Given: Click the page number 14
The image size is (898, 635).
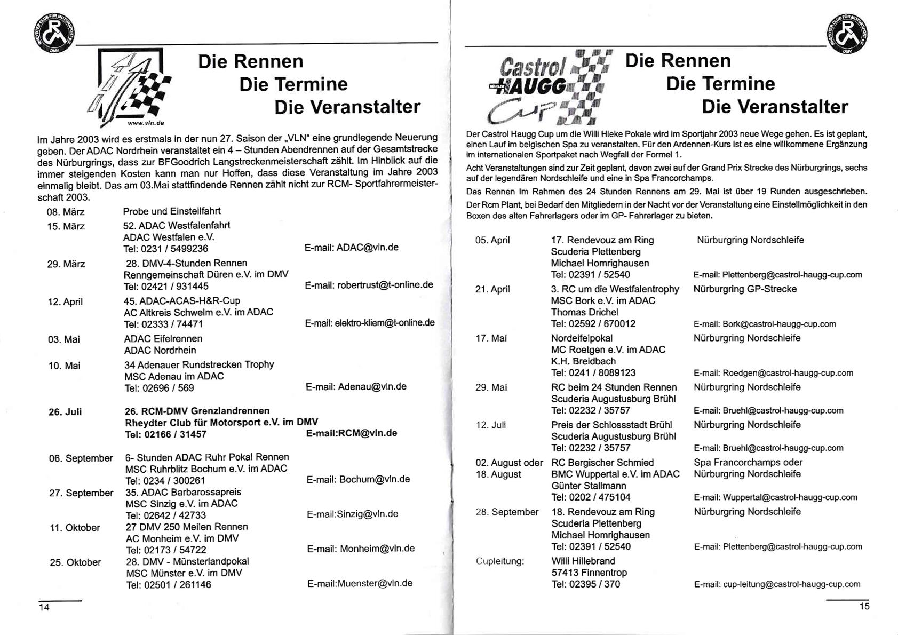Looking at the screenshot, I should [x=44, y=607].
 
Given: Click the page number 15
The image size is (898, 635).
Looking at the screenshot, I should [x=864, y=606].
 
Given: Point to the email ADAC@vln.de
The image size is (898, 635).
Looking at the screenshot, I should [x=352, y=248].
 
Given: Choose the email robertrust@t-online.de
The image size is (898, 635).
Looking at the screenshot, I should [x=369, y=285].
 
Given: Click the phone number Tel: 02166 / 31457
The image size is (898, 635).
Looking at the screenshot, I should [x=165, y=434].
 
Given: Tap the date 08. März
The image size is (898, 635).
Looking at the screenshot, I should [x=66, y=212].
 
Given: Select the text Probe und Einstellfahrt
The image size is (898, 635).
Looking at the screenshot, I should [x=172, y=211].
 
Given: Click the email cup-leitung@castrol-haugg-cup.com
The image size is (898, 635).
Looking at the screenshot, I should [x=777, y=584].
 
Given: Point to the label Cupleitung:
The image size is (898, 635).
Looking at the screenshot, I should [x=500, y=561].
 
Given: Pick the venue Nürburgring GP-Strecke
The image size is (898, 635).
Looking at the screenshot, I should [x=745, y=289].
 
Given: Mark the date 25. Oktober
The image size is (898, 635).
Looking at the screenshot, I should [x=75, y=562].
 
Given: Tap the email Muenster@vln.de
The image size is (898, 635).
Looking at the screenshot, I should [x=360, y=583].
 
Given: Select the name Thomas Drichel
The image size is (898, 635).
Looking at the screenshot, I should [x=584, y=312].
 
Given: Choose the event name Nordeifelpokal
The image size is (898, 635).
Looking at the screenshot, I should [x=582, y=338].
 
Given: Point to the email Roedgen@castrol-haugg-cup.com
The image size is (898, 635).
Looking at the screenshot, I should [x=773, y=373].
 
